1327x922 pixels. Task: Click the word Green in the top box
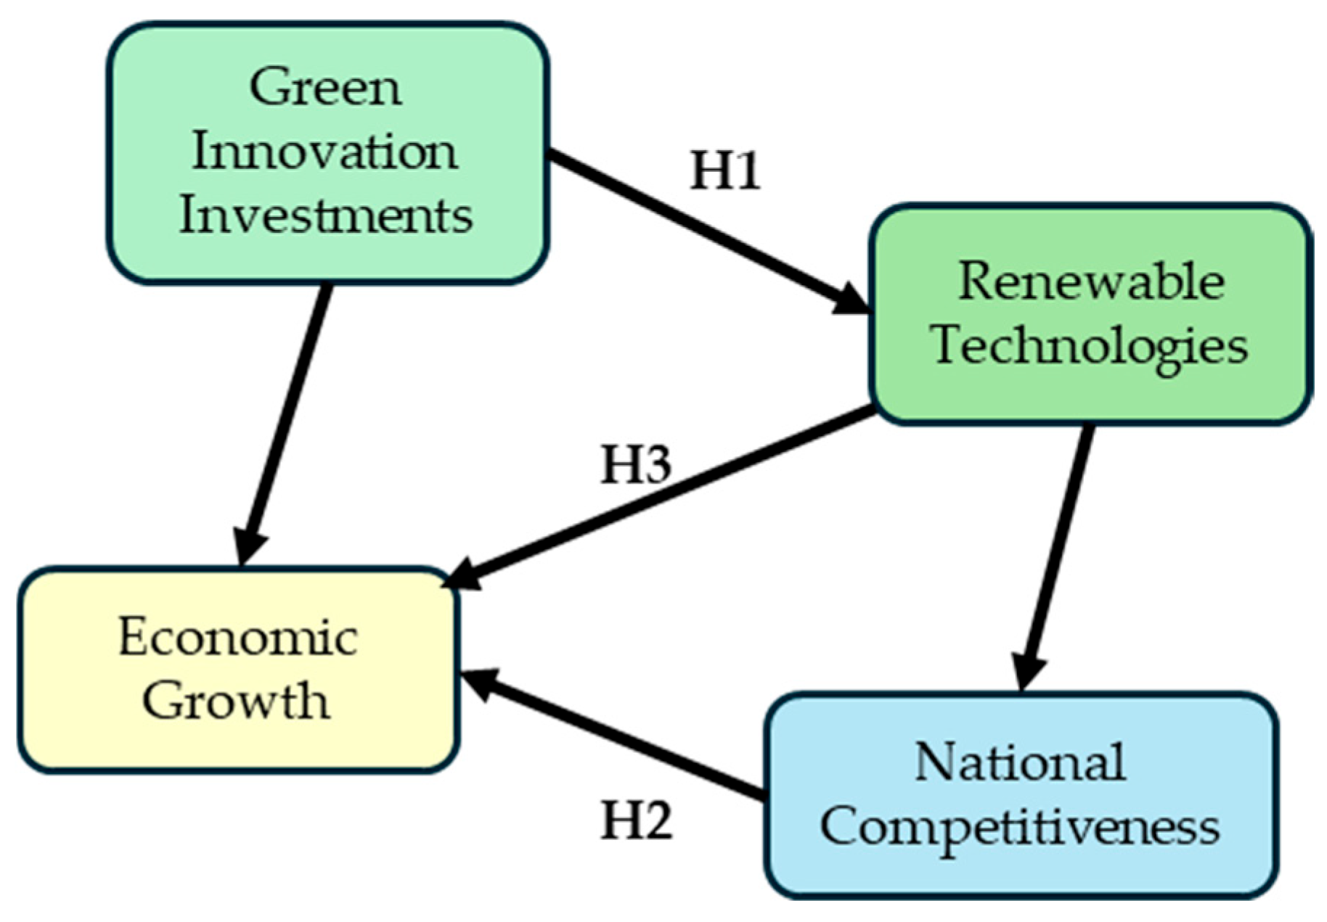[x=325, y=88]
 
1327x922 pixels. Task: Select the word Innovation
[x=324, y=152]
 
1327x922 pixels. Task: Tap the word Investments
[x=326, y=215]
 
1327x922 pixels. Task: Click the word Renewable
[x=1091, y=281]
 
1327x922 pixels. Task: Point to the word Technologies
[x=1090, y=345]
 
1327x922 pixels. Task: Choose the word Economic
[x=238, y=638]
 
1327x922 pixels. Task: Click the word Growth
[x=236, y=700]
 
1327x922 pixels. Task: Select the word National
[x=1020, y=762]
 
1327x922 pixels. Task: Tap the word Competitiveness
[x=1020, y=827]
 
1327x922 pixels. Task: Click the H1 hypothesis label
[x=725, y=171]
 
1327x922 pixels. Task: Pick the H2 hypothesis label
[x=637, y=821]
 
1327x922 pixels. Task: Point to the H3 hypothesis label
[x=636, y=464]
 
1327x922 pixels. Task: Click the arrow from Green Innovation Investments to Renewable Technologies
[x=697, y=228]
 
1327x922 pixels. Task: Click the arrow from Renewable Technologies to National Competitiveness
[x=1056, y=551]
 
